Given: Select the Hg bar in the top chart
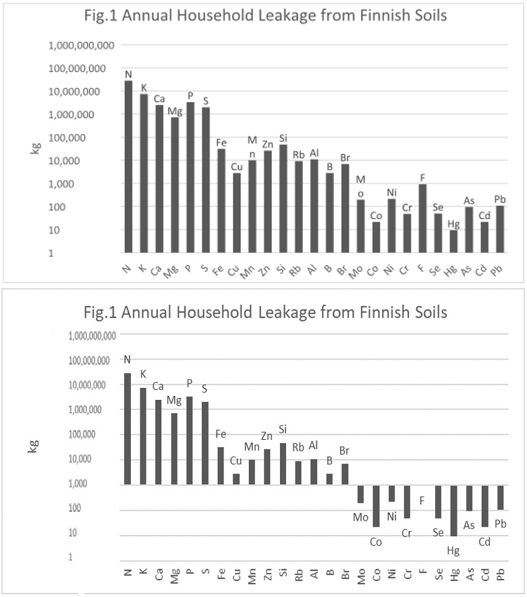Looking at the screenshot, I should click(454, 241).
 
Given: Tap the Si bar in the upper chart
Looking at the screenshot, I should click(283, 199).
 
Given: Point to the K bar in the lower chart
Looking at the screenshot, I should click(143, 436).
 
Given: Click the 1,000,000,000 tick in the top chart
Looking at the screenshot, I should click(82, 45).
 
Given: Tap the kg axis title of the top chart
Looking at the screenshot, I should click(34, 148).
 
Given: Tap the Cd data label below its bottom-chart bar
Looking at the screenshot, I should click(484, 541).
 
